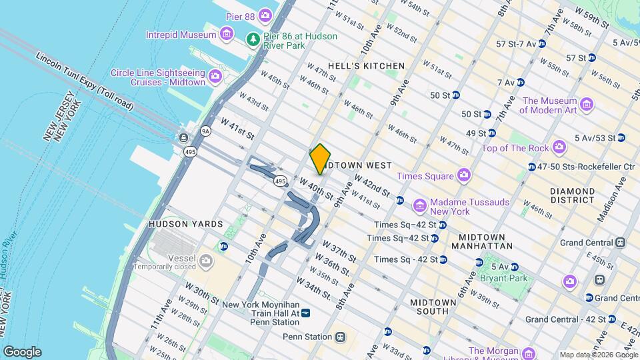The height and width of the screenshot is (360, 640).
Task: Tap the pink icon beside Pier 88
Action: (266, 15)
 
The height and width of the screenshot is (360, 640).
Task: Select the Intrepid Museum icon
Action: (226, 34)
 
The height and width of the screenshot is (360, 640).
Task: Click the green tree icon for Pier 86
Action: (253, 40)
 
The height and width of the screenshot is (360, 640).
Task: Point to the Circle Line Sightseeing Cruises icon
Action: (215, 77)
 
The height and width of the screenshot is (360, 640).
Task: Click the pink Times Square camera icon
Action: (463, 176)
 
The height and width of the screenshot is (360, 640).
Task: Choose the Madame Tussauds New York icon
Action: (419, 203)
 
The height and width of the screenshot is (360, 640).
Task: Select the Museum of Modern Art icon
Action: (586, 104)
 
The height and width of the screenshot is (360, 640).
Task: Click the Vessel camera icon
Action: (206, 260)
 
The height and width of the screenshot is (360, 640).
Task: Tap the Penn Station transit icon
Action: (341, 337)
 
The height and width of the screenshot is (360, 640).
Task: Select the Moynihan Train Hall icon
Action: (306, 312)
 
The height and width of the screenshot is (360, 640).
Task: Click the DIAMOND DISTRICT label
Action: (572, 195)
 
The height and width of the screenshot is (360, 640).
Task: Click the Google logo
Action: (22, 351)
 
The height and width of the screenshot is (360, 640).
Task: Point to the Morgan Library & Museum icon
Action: (529, 352)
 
